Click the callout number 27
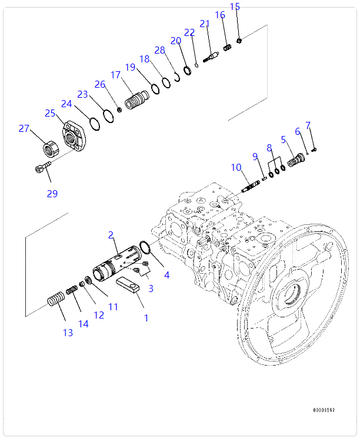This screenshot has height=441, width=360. pos(24,128)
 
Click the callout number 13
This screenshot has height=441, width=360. pos(68,333)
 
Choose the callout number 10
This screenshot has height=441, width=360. pos(236,168)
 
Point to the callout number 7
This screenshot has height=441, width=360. pos(308,125)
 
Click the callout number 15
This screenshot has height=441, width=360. pos(235,7)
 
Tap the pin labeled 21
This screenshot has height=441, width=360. pos(211,57)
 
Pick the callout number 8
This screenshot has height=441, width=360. pos(269,148)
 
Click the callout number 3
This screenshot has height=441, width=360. pos(151,288)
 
